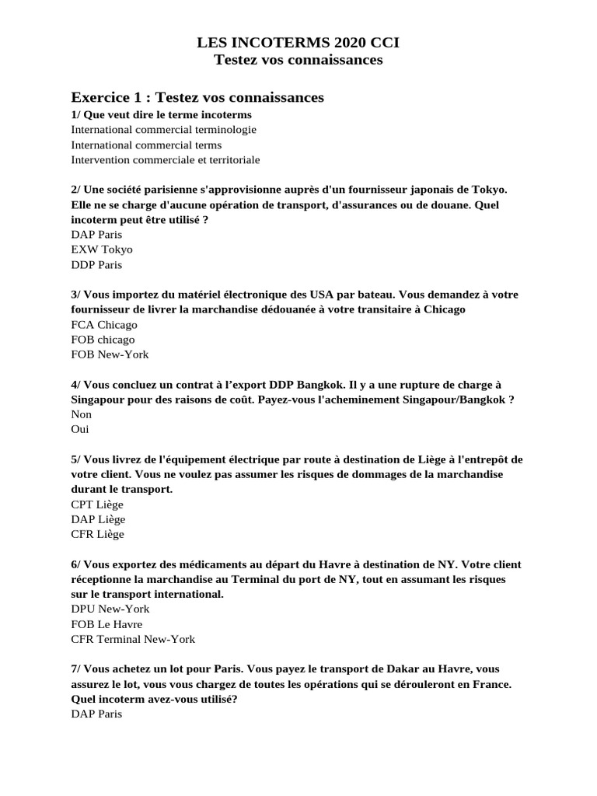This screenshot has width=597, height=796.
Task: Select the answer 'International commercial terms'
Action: click(x=146, y=145)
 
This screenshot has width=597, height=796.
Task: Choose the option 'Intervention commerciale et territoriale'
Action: click(x=166, y=159)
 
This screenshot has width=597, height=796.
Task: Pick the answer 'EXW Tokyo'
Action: click(x=102, y=250)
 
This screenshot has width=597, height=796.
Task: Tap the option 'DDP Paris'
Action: click(x=96, y=264)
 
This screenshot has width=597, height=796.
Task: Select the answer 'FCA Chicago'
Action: click(x=104, y=324)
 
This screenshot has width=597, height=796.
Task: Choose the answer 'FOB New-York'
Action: click(x=110, y=354)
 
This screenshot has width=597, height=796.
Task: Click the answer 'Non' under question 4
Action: click(x=82, y=414)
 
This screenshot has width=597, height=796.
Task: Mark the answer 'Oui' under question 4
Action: click(x=80, y=429)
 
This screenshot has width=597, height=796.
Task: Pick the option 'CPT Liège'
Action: click(x=97, y=504)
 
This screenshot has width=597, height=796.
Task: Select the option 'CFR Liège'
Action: click(x=97, y=534)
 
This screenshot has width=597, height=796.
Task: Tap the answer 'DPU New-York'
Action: click(x=110, y=609)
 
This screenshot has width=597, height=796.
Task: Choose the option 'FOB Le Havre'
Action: click(x=106, y=624)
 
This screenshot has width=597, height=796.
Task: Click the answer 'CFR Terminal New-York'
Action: click(x=133, y=639)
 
